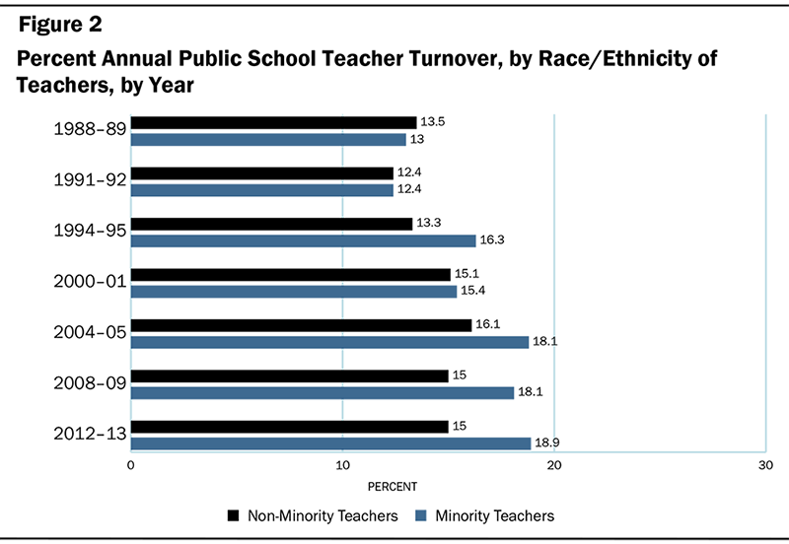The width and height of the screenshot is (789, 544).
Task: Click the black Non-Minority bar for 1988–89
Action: (273, 122)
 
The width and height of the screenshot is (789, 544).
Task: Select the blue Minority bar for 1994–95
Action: (303, 240)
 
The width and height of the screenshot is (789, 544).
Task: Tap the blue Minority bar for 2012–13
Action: (330, 443)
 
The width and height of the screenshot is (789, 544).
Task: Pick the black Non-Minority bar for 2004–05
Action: (301, 325)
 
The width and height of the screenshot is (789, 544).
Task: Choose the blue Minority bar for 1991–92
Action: (261, 189)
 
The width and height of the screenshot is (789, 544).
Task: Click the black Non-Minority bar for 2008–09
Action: (289, 375)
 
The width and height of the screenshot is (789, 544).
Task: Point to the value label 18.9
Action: (547, 443)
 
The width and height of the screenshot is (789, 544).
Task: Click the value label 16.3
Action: (492, 240)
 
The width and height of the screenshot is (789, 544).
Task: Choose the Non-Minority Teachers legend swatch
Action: (234, 515)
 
